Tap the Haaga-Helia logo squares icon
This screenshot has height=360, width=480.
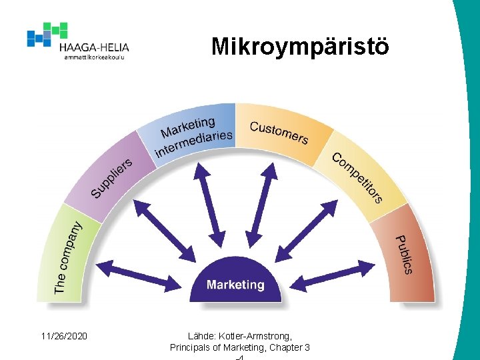[x=47, y=34]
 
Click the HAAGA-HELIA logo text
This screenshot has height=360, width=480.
[x=94, y=47]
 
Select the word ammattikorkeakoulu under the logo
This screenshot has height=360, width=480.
[x=94, y=57]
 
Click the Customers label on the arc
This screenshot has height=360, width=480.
[x=279, y=132]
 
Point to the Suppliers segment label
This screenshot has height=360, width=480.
[x=112, y=177]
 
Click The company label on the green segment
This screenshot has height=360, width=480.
[x=69, y=257]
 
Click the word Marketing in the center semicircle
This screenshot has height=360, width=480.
[x=235, y=285]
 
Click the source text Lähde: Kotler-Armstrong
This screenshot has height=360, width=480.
[x=240, y=336]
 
